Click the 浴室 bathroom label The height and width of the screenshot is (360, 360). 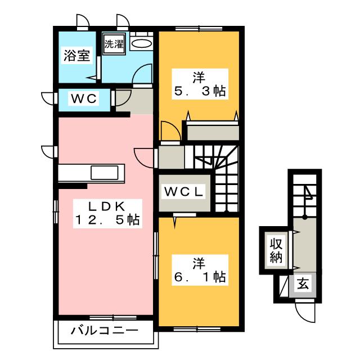pyautogui.click(x=76, y=55)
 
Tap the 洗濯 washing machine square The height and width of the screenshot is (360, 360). pyautogui.click(x=114, y=44)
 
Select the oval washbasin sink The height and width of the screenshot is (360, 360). pyautogui.click(x=141, y=43)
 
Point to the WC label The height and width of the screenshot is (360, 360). pyautogui.click(x=84, y=99)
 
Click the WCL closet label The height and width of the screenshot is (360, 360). pyautogui.click(x=184, y=192)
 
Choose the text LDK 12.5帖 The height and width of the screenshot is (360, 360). pyautogui.click(x=107, y=213)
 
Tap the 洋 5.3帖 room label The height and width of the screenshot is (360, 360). pyautogui.click(x=200, y=84)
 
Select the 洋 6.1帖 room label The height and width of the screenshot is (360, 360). pyautogui.click(x=200, y=270)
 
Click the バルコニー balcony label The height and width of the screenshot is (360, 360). pyautogui.click(x=105, y=331)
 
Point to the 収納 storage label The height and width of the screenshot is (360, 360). pyautogui.click(x=276, y=250)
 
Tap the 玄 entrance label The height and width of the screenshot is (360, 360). pyautogui.click(x=303, y=284)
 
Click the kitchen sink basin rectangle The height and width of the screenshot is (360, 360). pyautogui.click(x=105, y=173)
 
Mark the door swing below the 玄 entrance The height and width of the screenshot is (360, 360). pyautogui.click(x=305, y=312)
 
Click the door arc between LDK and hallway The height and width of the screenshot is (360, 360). pyautogui.click(x=144, y=158)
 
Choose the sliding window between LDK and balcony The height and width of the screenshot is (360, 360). pyautogui.click(x=113, y=317)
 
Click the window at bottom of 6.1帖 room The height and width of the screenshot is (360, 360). pyautogui.click(x=197, y=329)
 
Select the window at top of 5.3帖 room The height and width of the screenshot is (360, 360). pyautogui.click(x=199, y=29)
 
